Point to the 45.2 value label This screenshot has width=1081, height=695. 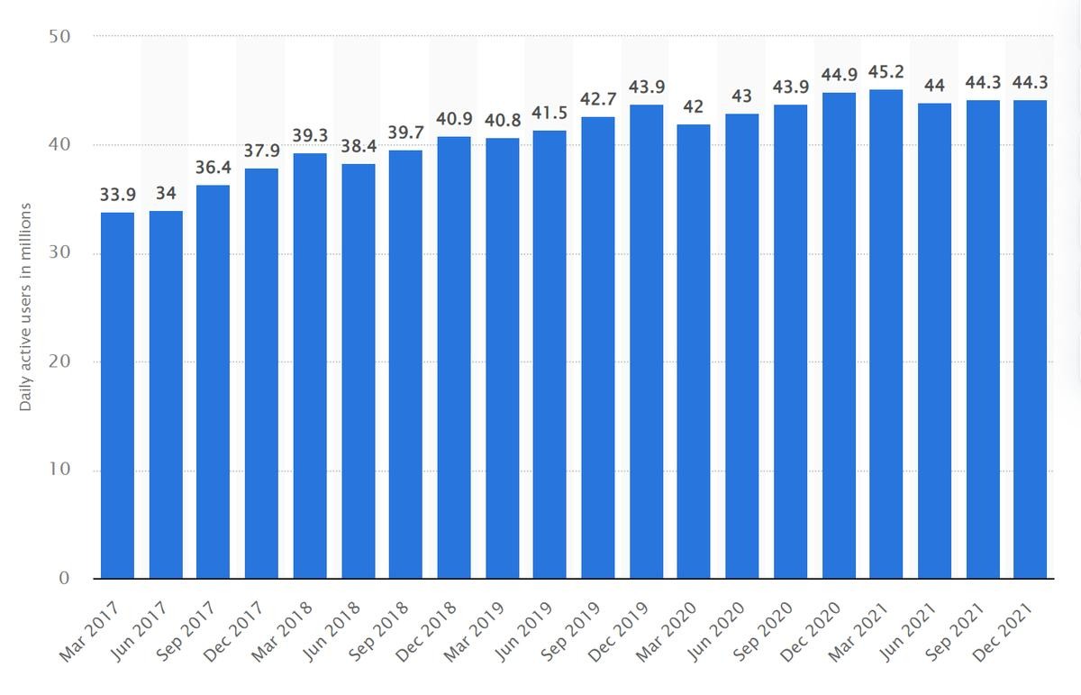(886, 71)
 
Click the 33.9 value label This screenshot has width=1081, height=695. (117, 194)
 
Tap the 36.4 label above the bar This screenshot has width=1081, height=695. (213, 167)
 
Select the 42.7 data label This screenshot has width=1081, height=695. (598, 98)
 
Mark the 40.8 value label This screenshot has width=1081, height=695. (502, 119)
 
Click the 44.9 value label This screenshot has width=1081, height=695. (839, 75)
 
